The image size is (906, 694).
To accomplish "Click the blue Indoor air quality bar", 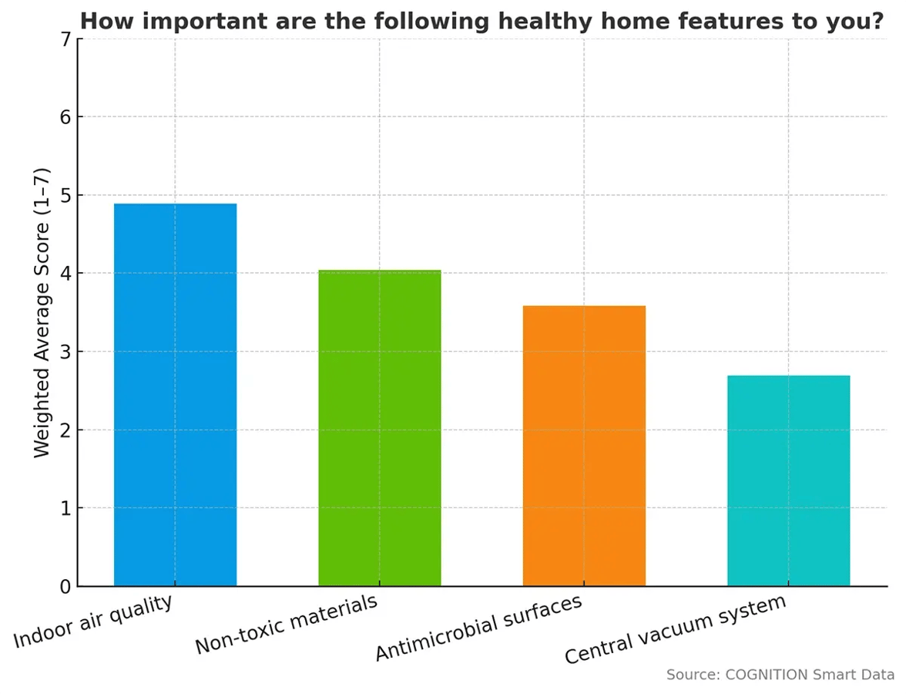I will click(x=175, y=395).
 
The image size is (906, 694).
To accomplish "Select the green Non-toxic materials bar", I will click(x=380, y=428).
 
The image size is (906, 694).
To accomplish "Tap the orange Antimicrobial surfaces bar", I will click(x=584, y=446).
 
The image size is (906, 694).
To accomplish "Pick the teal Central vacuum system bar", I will click(x=788, y=480).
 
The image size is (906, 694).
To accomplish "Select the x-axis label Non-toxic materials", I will click(x=286, y=625).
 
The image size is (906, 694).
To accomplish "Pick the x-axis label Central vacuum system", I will click(x=675, y=630).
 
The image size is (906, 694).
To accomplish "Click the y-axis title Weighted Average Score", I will click(x=42, y=312).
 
